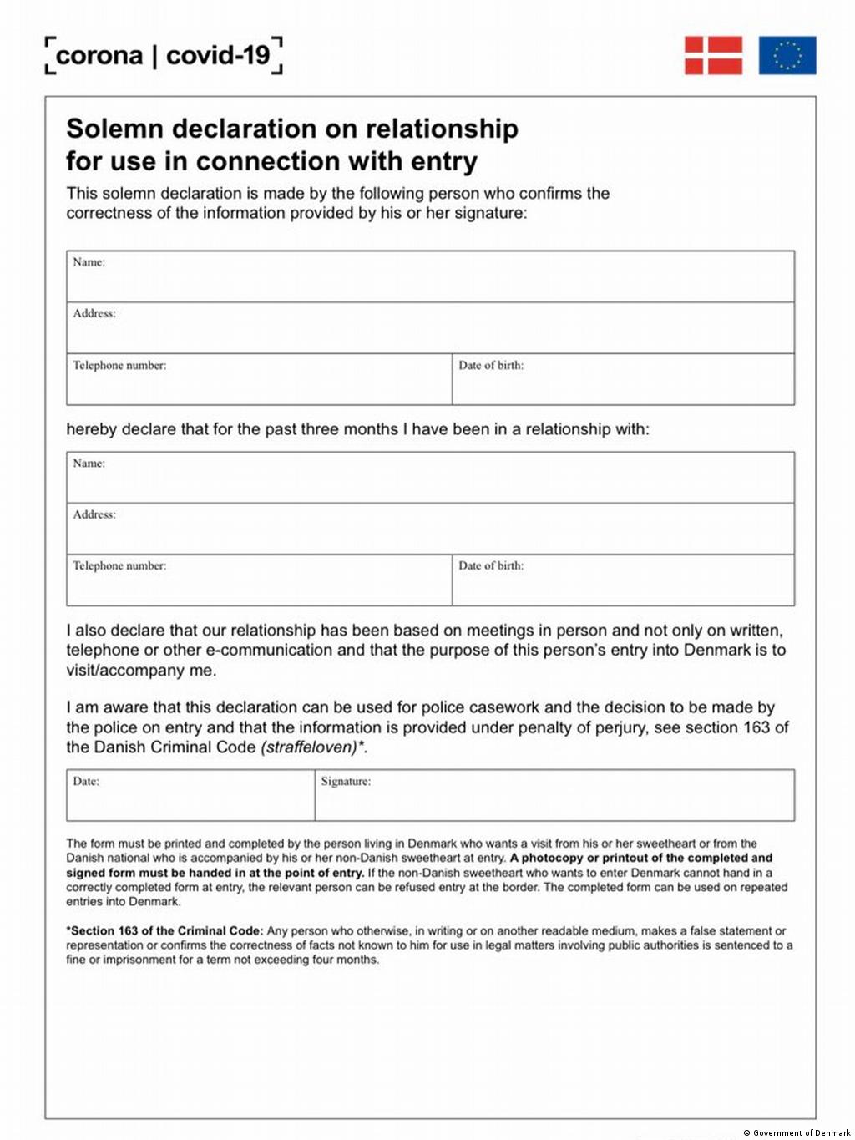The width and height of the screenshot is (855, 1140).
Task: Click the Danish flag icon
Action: (x=713, y=55)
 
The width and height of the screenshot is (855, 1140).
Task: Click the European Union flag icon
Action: (x=787, y=55)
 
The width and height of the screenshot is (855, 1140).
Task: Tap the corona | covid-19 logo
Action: (x=164, y=56)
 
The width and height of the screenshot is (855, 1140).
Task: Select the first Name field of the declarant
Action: (x=430, y=277)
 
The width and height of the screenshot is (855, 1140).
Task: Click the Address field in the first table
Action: (x=430, y=328)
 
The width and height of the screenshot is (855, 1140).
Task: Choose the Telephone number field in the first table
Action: (x=259, y=380)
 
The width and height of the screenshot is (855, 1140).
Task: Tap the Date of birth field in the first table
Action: (x=623, y=380)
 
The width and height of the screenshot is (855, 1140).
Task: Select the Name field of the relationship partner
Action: (x=430, y=478)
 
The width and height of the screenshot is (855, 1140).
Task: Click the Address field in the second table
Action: (x=430, y=529)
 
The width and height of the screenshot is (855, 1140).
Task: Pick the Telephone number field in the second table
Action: (x=259, y=580)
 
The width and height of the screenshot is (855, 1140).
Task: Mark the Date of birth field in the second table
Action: (x=623, y=580)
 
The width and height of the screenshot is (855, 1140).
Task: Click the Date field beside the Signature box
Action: (x=190, y=796)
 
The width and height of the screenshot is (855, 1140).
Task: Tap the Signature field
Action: (x=554, y=796)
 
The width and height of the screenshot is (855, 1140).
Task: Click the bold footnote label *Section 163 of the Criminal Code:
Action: (x=164, y=931)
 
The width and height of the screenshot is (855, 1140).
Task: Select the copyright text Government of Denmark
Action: (x=801, y=1133)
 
